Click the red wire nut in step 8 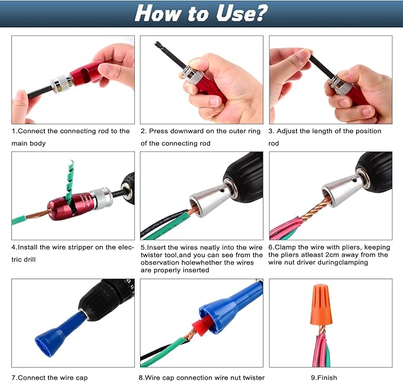click(202, 326)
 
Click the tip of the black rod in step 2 click(156, 43)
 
